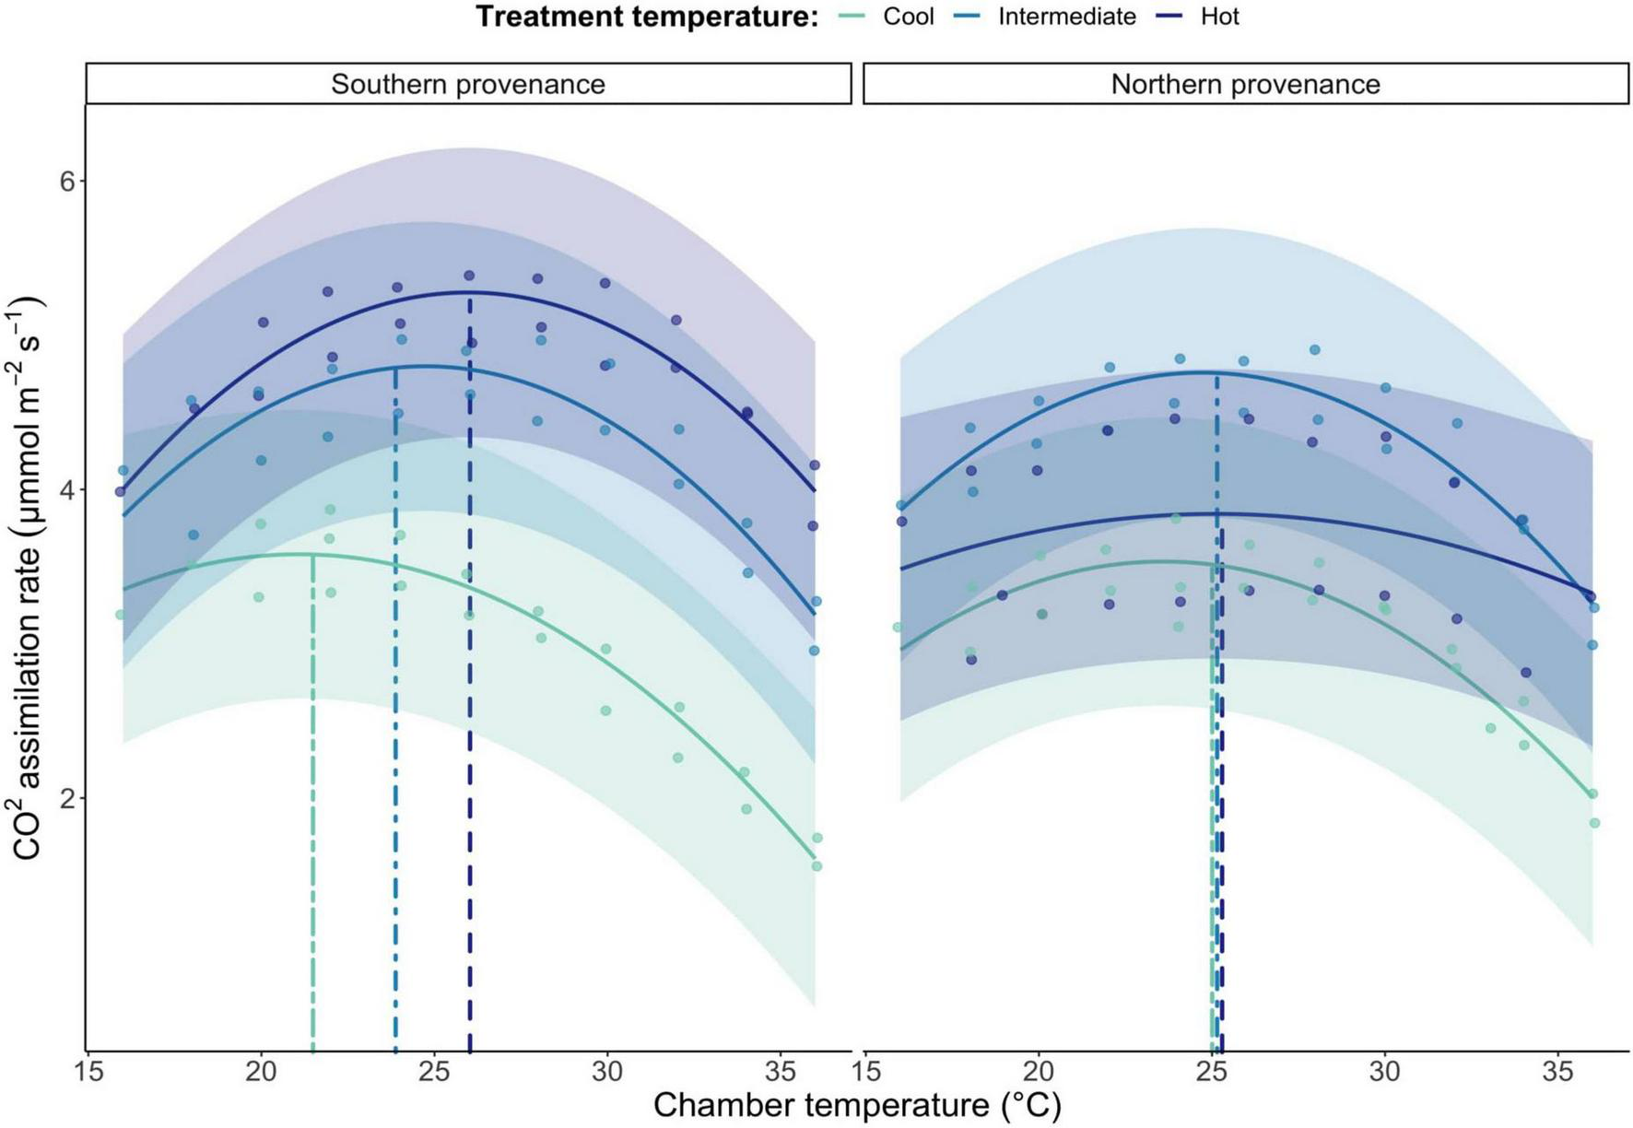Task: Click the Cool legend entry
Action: click(908, 17)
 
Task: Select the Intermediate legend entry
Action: click(1066, 17)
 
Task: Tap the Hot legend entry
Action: click(1219, 17)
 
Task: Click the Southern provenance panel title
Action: click(468, 84)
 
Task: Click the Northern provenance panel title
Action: click(1245, 84)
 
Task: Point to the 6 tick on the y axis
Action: click(67, 182)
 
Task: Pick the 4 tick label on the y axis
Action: click(67, 490)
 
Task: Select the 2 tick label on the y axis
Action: click(67, 799)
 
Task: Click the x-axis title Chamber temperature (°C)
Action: click(857, 1105)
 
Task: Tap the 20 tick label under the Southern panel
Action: click(261, 1073)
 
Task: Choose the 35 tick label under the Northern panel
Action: click(1557, 1073)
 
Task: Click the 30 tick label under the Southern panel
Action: click(607, 1073)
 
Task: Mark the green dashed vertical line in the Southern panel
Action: click(312, 829)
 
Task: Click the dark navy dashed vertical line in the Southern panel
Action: click(470, 737)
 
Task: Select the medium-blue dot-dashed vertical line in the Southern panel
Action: click(395, 737)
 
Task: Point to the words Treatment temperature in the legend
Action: click(647, 17)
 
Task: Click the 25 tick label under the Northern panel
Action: click(1212, 1073)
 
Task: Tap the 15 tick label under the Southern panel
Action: click(88, 1073)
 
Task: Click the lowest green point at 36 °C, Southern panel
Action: click(816, 865)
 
